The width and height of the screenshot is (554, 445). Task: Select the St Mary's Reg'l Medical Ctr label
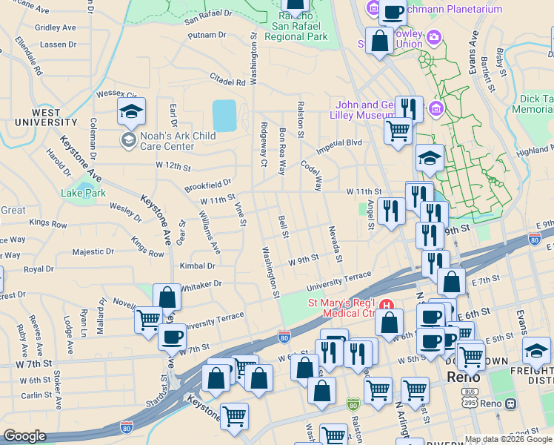(x=342, y=308)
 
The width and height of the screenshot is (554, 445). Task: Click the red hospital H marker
(x=385, y=304)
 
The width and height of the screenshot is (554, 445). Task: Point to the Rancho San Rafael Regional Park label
(x=296, y=29)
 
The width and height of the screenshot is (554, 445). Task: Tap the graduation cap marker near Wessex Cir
(x=131, y=112)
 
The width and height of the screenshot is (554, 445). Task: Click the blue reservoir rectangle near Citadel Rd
(x=224, y=116)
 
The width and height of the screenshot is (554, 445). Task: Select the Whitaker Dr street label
(x=201, y=284)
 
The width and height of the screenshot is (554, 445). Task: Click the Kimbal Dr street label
(x=198, y=266)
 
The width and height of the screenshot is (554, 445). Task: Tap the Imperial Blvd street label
(x=341, y=142)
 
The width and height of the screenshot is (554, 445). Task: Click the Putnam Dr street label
(x=207, y=35)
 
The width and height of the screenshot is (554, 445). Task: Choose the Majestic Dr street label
(x=93, y=252)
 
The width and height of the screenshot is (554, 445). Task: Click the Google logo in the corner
(x=24, y=436)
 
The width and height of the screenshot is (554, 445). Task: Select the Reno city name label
(x=464, y=378)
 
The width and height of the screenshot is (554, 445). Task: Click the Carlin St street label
(x=36, y=395)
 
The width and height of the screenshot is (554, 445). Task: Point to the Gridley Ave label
(x=56, y=27)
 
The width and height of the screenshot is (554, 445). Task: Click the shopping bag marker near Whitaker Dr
(x=167, y=297)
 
